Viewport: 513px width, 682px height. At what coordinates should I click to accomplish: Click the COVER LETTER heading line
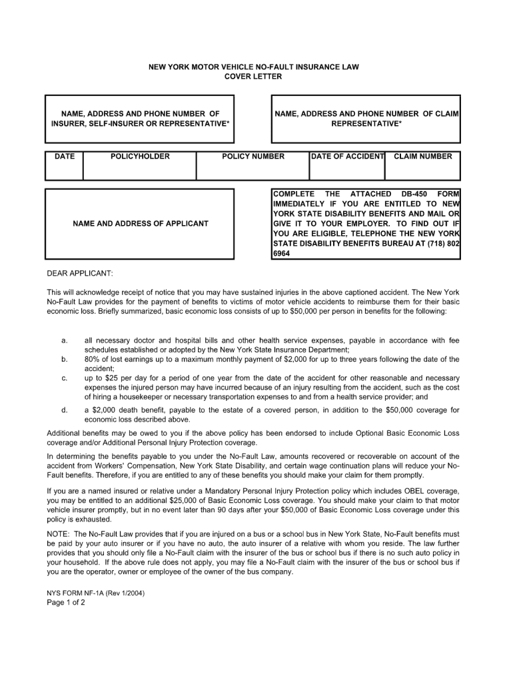pyautogui.click(x=253, y=77)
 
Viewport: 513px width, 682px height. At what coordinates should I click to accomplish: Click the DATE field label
pyautogui.click(x=65, y=157)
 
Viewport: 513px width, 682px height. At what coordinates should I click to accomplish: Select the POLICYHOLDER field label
pyautogui.click(x=140, y=157)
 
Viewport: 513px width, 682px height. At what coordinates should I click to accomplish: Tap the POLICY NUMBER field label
pyautogui.click(x=253, y=157)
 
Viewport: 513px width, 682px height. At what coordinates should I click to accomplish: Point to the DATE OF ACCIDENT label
pyautogui.click(x=348, y=157)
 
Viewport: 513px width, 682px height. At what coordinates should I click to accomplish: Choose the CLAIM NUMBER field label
pyautogui.click(x=423, y=157)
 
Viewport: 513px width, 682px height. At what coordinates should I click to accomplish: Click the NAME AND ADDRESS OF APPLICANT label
pyautogui.click(x=140, y=224)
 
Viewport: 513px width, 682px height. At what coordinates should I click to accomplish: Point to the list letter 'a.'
pyautogui.click(x=65, y=340)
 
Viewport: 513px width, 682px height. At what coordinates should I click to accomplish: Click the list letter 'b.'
pyautogui.click(x=65, y=359)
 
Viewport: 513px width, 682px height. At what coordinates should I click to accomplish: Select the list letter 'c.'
pyautogui.click(x=65, y=378)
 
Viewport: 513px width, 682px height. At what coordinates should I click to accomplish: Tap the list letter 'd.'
pyautogui.click(x=65, y=410)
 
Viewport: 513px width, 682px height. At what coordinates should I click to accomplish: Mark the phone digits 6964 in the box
pyautogui.click(x=282, y=254)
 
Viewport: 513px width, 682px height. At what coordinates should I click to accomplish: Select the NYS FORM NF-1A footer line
pyautogui.click(x=96, y=592)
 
